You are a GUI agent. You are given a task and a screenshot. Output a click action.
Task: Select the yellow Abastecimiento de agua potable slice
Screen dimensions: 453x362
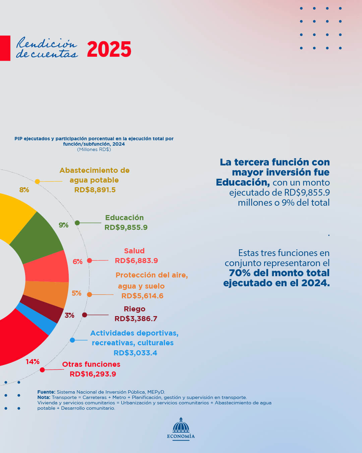(13, 215)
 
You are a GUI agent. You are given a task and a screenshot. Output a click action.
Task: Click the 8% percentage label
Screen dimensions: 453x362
(24, 190)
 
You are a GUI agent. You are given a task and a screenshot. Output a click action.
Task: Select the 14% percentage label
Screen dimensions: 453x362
(33, 362)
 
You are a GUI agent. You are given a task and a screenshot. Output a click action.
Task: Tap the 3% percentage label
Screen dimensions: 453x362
(69, 315)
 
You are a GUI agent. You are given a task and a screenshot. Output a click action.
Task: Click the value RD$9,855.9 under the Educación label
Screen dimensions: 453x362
(126, 228)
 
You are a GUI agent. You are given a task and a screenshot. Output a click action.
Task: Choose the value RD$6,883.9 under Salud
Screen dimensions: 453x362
(136, 261)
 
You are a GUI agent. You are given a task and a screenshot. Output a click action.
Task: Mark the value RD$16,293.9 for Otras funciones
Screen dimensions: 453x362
(93, 374)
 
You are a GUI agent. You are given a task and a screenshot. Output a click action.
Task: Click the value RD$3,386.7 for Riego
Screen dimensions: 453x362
(136, 319)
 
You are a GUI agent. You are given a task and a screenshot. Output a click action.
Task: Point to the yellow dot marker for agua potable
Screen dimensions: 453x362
(38, 182)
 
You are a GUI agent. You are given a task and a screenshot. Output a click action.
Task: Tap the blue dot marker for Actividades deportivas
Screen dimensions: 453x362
(72, 340)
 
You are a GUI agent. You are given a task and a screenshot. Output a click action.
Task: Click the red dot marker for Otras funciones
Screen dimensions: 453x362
(42, 370)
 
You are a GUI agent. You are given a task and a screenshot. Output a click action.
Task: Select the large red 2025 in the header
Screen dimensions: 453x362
(109, 49)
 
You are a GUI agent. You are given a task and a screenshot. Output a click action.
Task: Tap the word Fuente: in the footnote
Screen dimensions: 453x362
(46, 392)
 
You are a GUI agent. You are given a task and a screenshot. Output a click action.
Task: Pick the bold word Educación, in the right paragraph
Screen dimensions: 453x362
(243, 183)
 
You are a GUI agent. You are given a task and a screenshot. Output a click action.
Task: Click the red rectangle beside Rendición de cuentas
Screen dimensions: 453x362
(5, 48)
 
